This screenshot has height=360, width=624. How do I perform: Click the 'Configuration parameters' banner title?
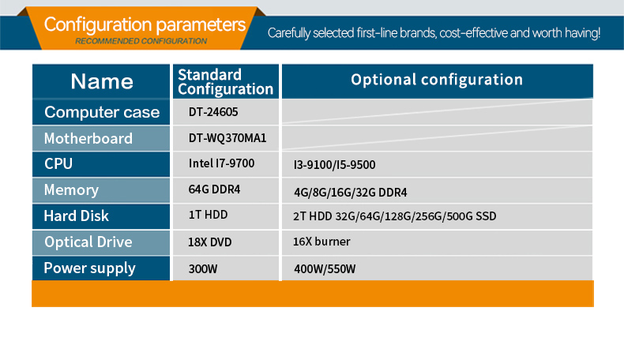click(x=145, y=24)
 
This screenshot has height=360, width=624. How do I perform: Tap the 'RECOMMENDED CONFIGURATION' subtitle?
click(x=141, y=41)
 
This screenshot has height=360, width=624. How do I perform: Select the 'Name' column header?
click(x=102, y=81)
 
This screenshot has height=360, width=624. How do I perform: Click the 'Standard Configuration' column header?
click(x=226, y=82)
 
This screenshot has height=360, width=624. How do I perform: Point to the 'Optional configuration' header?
click(x=437, y=80)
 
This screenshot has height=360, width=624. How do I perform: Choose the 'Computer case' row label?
click(x=102, y=112)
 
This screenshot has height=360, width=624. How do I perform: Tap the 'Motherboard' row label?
click(x=88, y=138)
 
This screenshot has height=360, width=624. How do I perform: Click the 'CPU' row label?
click(x=58, y=164)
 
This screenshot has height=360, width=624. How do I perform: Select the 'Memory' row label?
click(x=71, y=190)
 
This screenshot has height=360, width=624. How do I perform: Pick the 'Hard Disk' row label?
click(x=76, y=216)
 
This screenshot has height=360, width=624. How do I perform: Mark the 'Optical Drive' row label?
click(x=88, y=242)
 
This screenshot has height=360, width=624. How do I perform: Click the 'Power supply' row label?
click(x=89, y=268)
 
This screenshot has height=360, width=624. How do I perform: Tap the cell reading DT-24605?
click(x=213, y=112)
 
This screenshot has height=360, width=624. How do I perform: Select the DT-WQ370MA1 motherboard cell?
click(x=227, y=138)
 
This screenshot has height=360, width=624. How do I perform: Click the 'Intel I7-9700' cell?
click(x=221, y=163)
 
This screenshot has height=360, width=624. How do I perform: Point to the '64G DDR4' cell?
click(x=214, y=189)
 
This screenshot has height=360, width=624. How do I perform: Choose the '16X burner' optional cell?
click(x=321, y=242)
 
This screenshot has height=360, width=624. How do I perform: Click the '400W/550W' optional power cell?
click(x=325, y=269)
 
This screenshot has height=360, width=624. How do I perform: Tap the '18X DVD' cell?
click(x=210, y=242)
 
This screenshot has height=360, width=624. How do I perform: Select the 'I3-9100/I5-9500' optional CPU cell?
click(x=334, y=165)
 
